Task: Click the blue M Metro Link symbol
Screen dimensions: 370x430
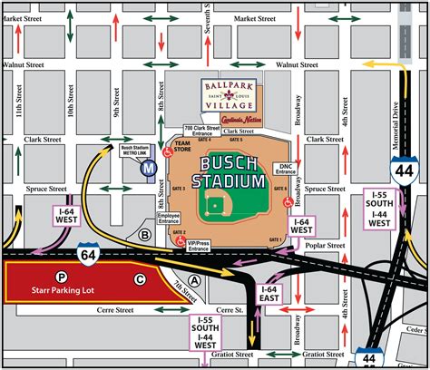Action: [x=146, y=168]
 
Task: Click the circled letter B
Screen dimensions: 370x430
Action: [x=144, y=234]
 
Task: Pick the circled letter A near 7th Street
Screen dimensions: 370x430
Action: [x=193, y=281]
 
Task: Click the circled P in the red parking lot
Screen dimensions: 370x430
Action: [x=60, y=277]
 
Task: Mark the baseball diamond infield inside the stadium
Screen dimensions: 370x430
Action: [x=215, y=208]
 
